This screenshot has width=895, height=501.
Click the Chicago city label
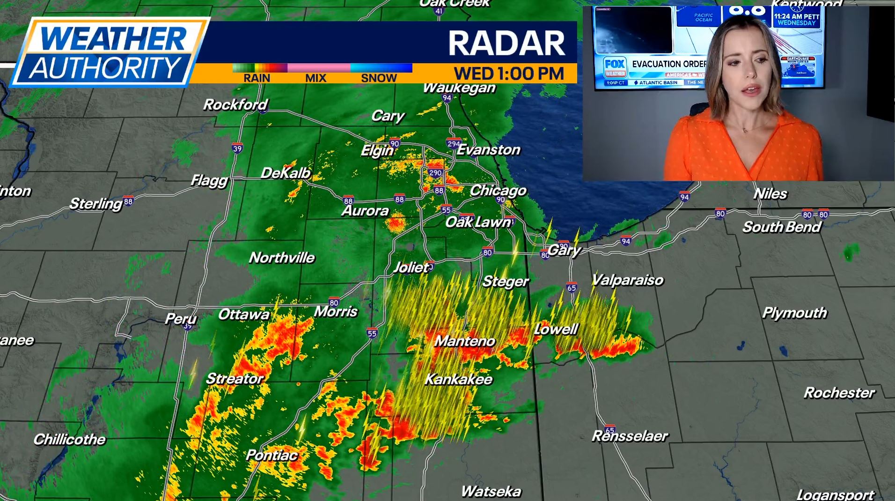click(498, 191)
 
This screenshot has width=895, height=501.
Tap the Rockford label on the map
click(235, 104)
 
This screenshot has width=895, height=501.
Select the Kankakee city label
click(459, 379)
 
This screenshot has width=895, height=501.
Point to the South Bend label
click(782, 227)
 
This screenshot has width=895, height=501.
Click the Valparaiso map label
click(628, 280)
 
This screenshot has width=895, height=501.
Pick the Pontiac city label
click(271, 455)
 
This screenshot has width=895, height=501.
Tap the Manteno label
click(465, 341)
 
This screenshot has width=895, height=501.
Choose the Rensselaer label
click(630, 436)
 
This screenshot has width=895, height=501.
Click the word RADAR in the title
click(507, 43)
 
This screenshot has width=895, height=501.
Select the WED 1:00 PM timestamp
click(509, 74)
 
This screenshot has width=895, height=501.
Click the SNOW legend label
click(379, 78)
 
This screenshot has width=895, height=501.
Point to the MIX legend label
click(316, 78)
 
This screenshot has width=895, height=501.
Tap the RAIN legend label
click(257, 78)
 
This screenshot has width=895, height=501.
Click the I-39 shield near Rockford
click(237, 148)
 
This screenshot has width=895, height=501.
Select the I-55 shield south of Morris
click(372, 333)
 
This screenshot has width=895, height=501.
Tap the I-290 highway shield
click(435, 173)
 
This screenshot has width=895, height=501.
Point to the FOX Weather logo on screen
click(614, 66)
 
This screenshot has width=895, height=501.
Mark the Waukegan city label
click(459, 88)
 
